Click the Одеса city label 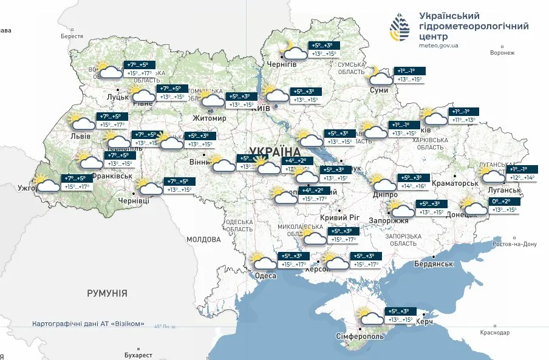(265, 276)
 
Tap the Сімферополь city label (360, 336)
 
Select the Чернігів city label (282, 64)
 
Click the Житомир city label (209, 118)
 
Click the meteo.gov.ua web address (438, 45)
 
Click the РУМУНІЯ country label (107, 293)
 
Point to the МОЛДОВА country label (204, 239)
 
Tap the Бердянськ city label (434, 263)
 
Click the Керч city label (424, 321)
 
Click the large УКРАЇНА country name (274, 151)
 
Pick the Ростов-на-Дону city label (515, 244)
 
